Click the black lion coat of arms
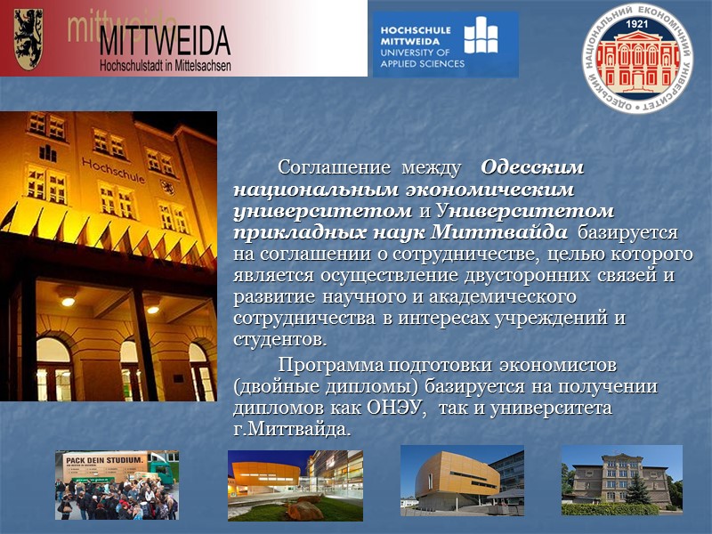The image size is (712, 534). pos(29,37)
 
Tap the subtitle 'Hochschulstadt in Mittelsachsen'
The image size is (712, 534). pos(165,65)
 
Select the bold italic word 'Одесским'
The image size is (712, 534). pos(532,167)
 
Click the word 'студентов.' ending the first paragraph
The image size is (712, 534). pos(279,340)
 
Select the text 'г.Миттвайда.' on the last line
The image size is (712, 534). pos(292,430)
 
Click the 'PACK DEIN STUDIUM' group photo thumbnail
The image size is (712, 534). pos(117,483)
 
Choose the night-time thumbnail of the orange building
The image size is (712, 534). pos(295,484)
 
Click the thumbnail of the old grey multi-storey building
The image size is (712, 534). pos(621,480)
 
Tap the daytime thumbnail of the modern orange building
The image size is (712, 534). pos(461,480)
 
